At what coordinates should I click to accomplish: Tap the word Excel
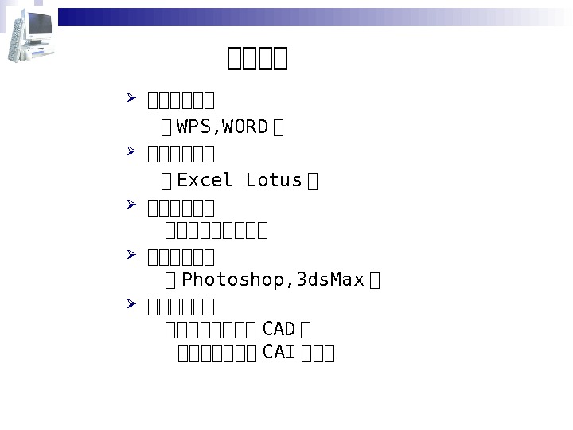click(x=205, y=181)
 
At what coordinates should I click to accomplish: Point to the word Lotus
click(x=274, y=181)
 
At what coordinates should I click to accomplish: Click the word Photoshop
click(x=233, y=280)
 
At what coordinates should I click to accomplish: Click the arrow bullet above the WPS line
click(x=132, y=99)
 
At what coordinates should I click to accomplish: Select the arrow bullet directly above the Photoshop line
click(x=132, y=255)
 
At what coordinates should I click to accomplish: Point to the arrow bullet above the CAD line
click(x=132, y=304)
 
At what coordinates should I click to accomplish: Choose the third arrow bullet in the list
click(x=132, y=205)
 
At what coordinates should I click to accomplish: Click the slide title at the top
click(x=257, y=58)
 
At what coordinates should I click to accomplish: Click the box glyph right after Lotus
click(x=312, y=182)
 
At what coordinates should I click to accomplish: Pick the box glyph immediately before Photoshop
click(x=170, y=281)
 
